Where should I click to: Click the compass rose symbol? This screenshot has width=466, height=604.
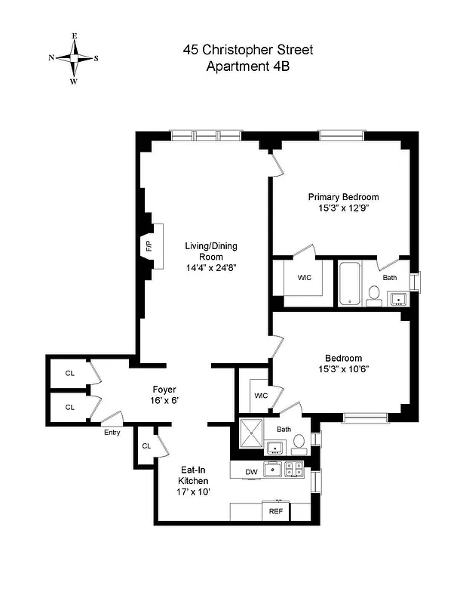click(x=74, y=57)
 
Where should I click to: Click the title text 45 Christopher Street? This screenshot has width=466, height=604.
click(x=248, y=50)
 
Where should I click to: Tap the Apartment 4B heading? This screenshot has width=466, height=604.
click(x=248, y=66)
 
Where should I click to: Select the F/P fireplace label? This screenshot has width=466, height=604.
click(x=149, y=246)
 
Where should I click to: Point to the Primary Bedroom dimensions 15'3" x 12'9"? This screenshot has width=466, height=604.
click(x=343, y=209)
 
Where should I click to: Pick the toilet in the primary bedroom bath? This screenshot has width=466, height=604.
click(x=374, y=295)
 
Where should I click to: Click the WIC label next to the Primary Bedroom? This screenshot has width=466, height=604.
click(x=305, y=278)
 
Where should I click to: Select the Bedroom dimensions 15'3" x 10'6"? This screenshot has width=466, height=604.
click(x=343, y=369)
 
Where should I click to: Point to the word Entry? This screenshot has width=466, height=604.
click(x=112, y=433)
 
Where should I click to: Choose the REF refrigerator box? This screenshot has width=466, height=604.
click(x=275, y=511)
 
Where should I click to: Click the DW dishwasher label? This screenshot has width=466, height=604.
click(x=252, y=473)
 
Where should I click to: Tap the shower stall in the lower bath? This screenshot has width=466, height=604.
click(x=252, y=436)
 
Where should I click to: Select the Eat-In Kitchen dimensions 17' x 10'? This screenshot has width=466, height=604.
click(x=193, y=492)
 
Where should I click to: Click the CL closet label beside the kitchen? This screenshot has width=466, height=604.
click(x=146, y=445)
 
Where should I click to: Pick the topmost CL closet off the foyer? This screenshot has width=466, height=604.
click(x=70, y=373)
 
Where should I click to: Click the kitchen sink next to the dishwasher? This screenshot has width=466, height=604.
click(x=274, y=469)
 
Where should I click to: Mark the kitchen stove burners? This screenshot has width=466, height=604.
click(x=297, y=469)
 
